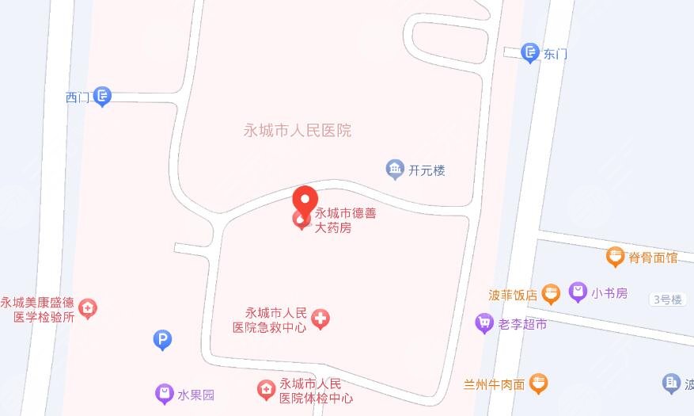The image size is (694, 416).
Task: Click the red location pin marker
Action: click(x=305, y=199)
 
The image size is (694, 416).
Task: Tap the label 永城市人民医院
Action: click(x=298, y=131)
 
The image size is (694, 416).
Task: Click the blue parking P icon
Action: click(x=162, y=341)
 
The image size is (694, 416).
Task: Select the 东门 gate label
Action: click(x=556, y=55)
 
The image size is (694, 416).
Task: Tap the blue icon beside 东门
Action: click(x=530, y=52)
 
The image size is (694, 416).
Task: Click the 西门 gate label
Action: click(x=78, y=97)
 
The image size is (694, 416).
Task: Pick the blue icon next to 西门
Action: click(x=102, y=97)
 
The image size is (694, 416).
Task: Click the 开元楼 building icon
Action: click(x=394, y=169)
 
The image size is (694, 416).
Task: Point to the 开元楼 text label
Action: click(x=427, y=170)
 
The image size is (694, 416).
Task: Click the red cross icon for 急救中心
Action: click(x=320, y=319)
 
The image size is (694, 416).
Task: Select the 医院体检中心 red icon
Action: click(x=266, y=389)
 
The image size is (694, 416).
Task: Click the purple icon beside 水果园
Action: click(x=164, y=393)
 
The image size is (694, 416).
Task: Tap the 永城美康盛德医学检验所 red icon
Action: click(x=89, y=307)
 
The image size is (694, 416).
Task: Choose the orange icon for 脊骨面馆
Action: click(x=616, y=256)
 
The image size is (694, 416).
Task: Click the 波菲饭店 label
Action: click(x=513, y=295)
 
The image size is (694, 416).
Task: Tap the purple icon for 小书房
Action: click(x=578, y=292)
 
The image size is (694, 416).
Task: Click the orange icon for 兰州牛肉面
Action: click(x=538, y=384)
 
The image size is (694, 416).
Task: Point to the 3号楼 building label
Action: click(x=666, y=299)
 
